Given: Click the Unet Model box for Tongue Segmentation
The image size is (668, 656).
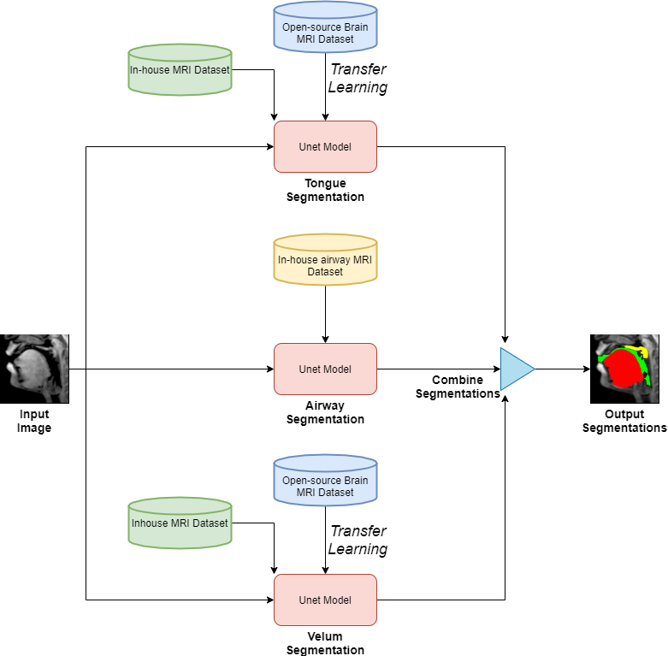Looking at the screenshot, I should [x=325, y=146].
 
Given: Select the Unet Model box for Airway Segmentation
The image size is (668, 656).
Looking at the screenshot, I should [x=325, y=369].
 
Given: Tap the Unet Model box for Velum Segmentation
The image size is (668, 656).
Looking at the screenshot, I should [x=325, y=600].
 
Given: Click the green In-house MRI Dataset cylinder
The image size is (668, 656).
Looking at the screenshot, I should [x=180, y=69].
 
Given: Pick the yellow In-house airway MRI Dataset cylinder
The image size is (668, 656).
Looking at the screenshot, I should [x=325, y=259].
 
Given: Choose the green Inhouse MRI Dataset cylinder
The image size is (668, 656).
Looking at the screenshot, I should [x=180, y=523].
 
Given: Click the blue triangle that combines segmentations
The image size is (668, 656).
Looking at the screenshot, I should [x=516, y=369].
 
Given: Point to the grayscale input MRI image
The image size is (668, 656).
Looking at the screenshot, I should [x=34, y=369].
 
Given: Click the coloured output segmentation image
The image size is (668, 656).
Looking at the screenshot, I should [x=624, y=369].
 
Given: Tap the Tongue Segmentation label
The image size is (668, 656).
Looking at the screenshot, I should [x=325, y=190].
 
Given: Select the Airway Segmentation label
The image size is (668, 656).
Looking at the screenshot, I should [x=325, y=412].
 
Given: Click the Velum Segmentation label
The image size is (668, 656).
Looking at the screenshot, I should [x=325, y=643].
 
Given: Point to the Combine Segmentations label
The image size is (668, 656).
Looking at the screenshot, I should [x=458, y=387].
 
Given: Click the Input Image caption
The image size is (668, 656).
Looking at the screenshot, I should [x=34, y=421].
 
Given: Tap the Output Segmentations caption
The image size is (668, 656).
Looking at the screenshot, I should [x=624, y=421].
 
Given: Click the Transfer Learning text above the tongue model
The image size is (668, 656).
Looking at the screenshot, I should [x=358, y=78].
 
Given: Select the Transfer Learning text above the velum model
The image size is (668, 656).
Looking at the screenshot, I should [x=358, y=540].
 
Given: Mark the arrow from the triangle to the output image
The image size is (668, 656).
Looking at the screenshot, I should [x=562, y=369].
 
